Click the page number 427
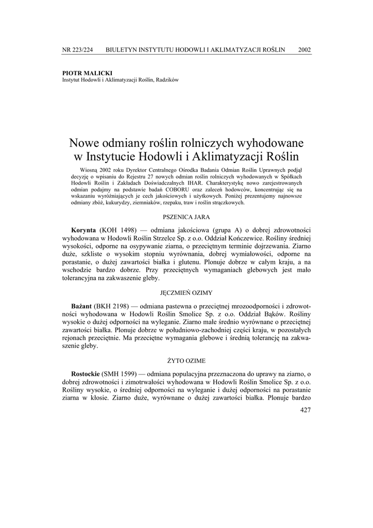coord(305,410)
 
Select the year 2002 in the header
coord(304,50)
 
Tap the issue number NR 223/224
coord(78,50)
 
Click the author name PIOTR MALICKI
coord(87,73)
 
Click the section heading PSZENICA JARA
coord(186,217)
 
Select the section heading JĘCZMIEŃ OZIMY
coord(186,292)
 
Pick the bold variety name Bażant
coord(82,305)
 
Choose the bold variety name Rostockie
coord(86,373)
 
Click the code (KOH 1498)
coord(118,229)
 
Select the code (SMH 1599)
coord(122,373)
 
